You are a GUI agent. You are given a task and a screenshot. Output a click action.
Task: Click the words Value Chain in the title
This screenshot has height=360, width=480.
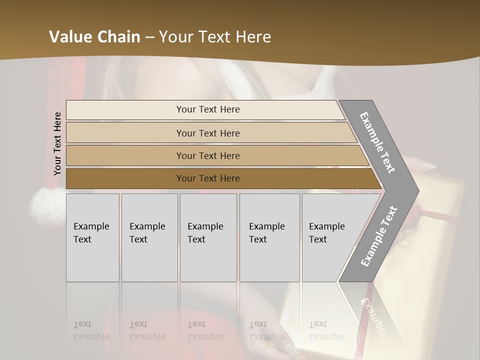point(94,37)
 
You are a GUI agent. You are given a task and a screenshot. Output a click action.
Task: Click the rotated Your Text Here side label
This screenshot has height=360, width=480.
point(57,143)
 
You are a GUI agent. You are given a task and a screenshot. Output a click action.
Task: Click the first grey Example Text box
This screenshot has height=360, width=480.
point(92,237)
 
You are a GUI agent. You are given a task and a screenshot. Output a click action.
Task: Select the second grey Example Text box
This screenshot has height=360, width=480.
point(149,237)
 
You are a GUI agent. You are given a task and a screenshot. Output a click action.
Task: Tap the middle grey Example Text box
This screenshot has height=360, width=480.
point(208,237)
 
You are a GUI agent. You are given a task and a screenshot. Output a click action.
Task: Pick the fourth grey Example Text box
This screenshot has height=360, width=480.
point(269,237)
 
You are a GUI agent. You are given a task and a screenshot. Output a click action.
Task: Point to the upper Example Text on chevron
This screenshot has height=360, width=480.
point(377,142)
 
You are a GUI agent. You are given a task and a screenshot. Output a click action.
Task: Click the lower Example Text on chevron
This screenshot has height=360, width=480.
point(379,236)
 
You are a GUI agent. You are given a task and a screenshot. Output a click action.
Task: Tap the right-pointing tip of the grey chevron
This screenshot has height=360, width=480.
point(416,190)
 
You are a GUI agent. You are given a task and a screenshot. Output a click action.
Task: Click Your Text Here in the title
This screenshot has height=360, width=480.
point(215,37)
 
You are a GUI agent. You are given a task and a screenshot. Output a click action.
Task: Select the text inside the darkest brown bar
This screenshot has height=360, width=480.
point(208,178)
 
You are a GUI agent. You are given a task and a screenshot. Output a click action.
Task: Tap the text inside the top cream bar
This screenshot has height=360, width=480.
point(208,109)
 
